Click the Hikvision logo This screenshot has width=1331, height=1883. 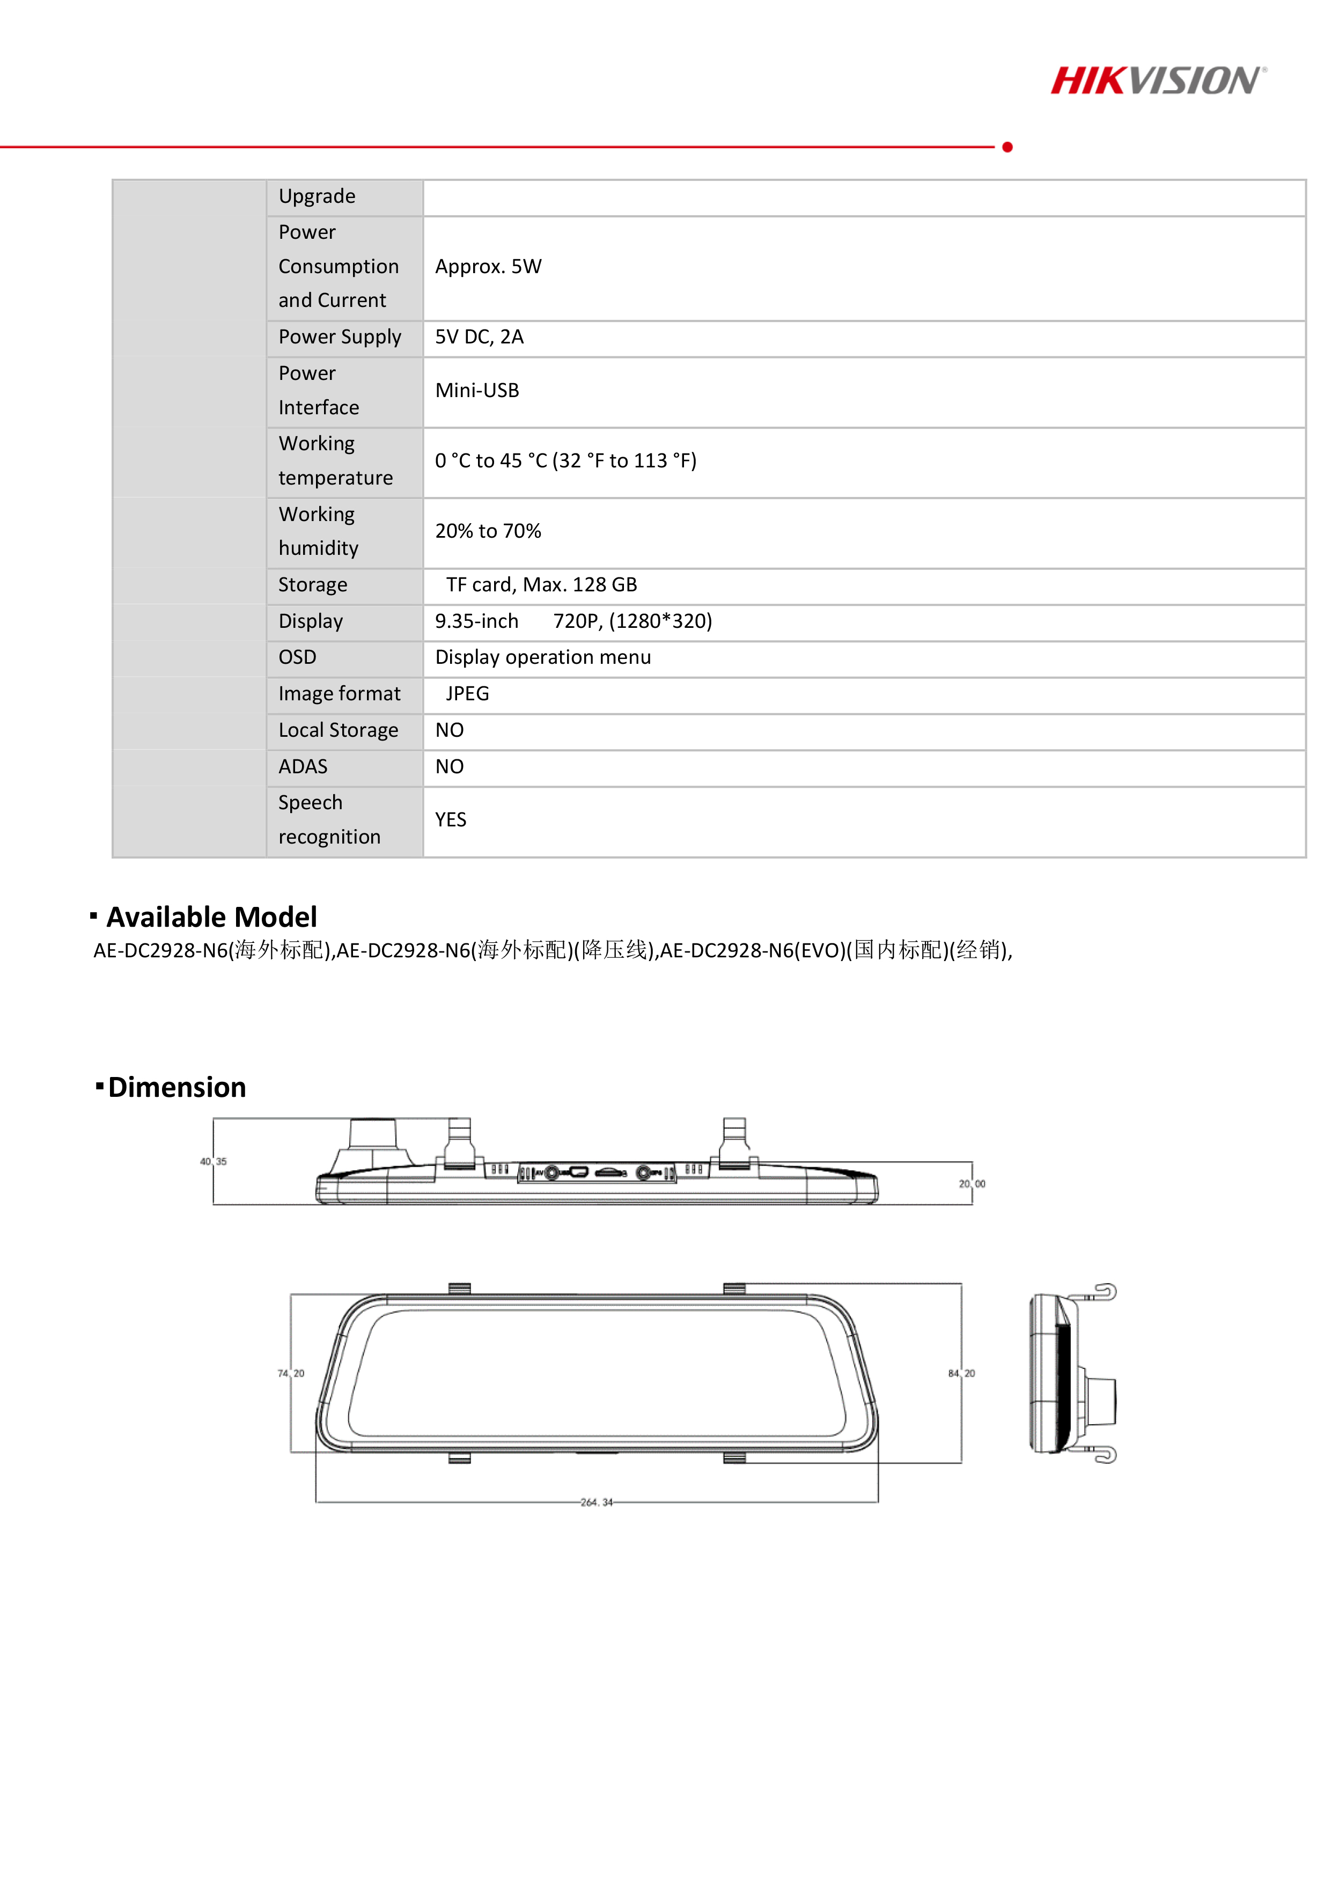[x=1158, y=80]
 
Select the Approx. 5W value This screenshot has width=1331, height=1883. [x=488, y=267]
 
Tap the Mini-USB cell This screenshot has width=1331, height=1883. [x=477, y=390]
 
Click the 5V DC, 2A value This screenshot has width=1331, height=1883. [x=479, y=337]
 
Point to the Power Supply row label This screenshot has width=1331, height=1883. [x=340, y=337]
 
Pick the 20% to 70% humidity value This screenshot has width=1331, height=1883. [x=488, y=531]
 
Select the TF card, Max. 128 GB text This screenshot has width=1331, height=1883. [x=541, y=585]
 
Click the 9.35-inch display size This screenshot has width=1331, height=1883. [x=476, y=621]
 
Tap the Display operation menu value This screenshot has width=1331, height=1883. [x=543, y=658]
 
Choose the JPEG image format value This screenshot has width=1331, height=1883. [x=467, y=694]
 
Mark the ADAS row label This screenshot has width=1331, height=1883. [x=303, y=767]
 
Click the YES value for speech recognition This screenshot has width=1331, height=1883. [x=450, y=820]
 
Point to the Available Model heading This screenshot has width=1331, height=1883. [x=211, y=917]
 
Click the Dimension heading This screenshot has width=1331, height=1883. [x=177, y=1088]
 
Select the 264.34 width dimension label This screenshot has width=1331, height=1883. [x=596, y=1503]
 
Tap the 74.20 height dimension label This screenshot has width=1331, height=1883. [x=291, y=1373]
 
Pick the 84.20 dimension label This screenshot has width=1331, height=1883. [x=961, y=1373]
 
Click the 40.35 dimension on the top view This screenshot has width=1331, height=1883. [x=213, y=1161]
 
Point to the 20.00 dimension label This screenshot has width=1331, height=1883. [x=972, y=1183]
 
